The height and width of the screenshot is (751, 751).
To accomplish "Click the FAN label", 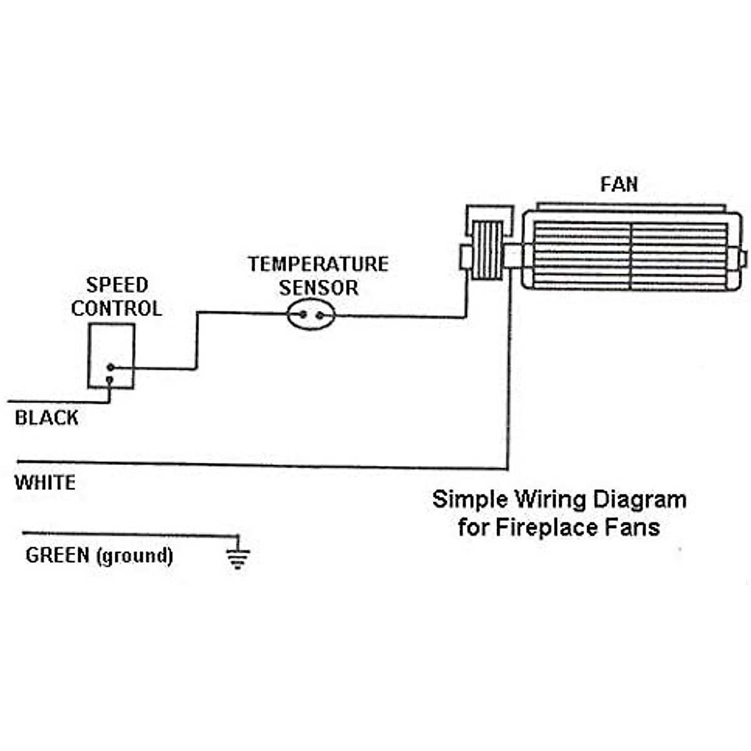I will pyautogui.click(x=619, y=185).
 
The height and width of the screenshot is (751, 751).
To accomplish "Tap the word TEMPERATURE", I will pyautogui.click(x=318, y=264).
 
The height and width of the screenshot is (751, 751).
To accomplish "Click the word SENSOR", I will pyautogui.click(x=319, y=288).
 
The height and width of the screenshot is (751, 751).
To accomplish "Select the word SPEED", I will pyautogui.click(x=117, y=285).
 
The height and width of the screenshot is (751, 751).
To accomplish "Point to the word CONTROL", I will pyautogui.click(x=116, y=309).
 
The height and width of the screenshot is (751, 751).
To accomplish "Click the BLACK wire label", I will pyautogui.click(x=46, y=418).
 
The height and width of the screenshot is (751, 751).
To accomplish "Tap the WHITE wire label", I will pyautogui.click(x=45, y=483).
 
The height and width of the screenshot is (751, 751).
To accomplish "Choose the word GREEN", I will pyautogui.click(x=58, y=555).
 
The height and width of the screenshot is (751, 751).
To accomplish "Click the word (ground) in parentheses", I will pyautogui.click(x=135, y=556).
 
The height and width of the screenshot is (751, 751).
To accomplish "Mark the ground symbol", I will pyautogui.click(x=237, y=557).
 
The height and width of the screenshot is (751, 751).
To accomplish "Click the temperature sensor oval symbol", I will pyautogui.click(x=311, y=315).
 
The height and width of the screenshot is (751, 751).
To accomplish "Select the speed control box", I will pyautogui.click(x=111, y=355).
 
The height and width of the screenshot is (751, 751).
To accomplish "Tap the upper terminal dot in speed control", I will pyautogui.click(x=110, y=367).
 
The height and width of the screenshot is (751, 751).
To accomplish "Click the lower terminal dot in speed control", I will pyautogui.click(x=110, y=380).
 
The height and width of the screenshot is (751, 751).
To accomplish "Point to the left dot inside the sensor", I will pyautogui.click(x=302, y=315).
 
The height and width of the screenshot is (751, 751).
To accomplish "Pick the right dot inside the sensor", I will pyautogui.click(x=320, y=315).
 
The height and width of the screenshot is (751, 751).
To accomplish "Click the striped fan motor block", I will pyautogui.click(x=486, y=251).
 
